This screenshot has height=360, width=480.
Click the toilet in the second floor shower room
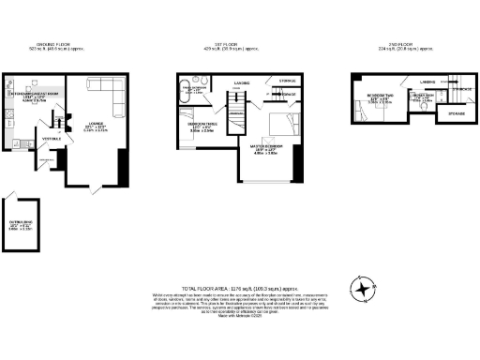pos(427,107)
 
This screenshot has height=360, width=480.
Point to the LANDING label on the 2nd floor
pos(427,82)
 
